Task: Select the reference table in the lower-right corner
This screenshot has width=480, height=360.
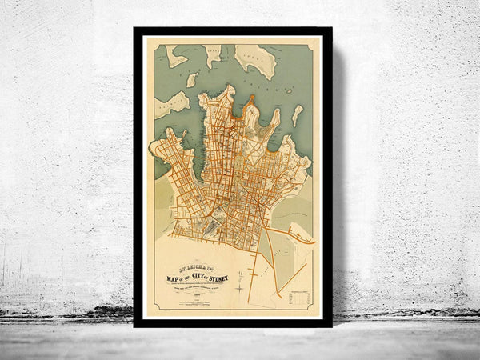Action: tap(298, 298)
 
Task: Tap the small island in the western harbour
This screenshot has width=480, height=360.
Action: tap(192, 80)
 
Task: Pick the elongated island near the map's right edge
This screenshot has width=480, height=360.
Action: tap(298, 115)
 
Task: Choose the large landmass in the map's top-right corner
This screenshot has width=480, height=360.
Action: tap(256, 60)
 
